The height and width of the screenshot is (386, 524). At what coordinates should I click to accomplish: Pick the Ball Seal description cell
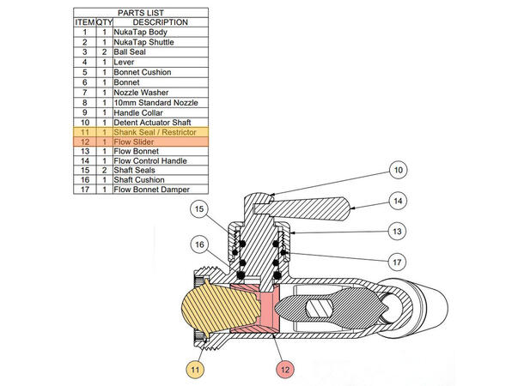point(133,52)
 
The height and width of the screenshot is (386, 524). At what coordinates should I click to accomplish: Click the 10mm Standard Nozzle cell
point(151,103)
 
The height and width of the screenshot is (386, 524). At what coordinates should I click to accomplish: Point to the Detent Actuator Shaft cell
point(153,123)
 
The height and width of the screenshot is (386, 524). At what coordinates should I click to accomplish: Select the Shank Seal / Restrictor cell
point(155,133)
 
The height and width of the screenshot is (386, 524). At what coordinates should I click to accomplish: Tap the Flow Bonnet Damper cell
point(151,190)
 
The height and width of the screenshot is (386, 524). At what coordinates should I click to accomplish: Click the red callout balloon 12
point(286,371)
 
